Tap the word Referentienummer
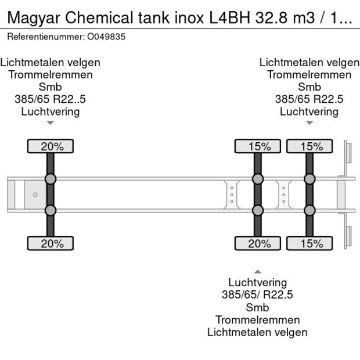[x=45, y=37]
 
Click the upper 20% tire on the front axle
[x=51, y=146]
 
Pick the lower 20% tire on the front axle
[x=51, y=243]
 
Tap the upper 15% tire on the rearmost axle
[x=309, y=146]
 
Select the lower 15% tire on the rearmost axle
[x=309, y=243]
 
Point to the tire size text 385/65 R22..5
[x=51, y=99]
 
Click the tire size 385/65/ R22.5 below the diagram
[x=257, y=295]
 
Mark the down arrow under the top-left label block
[x=51, y=123]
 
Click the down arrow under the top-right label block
[x=309, y=123]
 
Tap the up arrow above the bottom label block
[x=258, y=271]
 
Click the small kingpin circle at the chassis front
[x=35, y=195]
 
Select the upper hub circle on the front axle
[x=51, y=179]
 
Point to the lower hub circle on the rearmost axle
[x=309, y=210]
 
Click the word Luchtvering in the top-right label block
[x=309, y=111]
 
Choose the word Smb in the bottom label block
[x=257, y=307]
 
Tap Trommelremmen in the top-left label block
[x=51, y=74]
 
